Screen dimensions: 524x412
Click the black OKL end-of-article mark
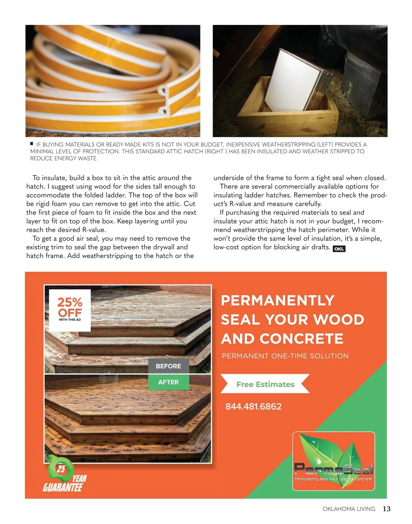(339, 249)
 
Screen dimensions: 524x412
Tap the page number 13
(387, 509)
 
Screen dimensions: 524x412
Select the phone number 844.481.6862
(253, 407)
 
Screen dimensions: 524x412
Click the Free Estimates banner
(265, 384)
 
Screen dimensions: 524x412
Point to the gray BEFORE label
(168, 366)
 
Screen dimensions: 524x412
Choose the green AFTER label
(168, 382)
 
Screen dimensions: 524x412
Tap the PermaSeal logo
(333, 461)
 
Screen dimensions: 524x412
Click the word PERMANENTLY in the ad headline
(277, 301)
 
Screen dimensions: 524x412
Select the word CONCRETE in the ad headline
(301, 339)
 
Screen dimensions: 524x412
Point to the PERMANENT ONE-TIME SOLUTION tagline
(285, 356)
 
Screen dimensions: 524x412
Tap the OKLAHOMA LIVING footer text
(349, 509)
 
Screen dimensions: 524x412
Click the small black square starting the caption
(32, 144)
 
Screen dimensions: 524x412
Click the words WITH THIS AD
(70, 319)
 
